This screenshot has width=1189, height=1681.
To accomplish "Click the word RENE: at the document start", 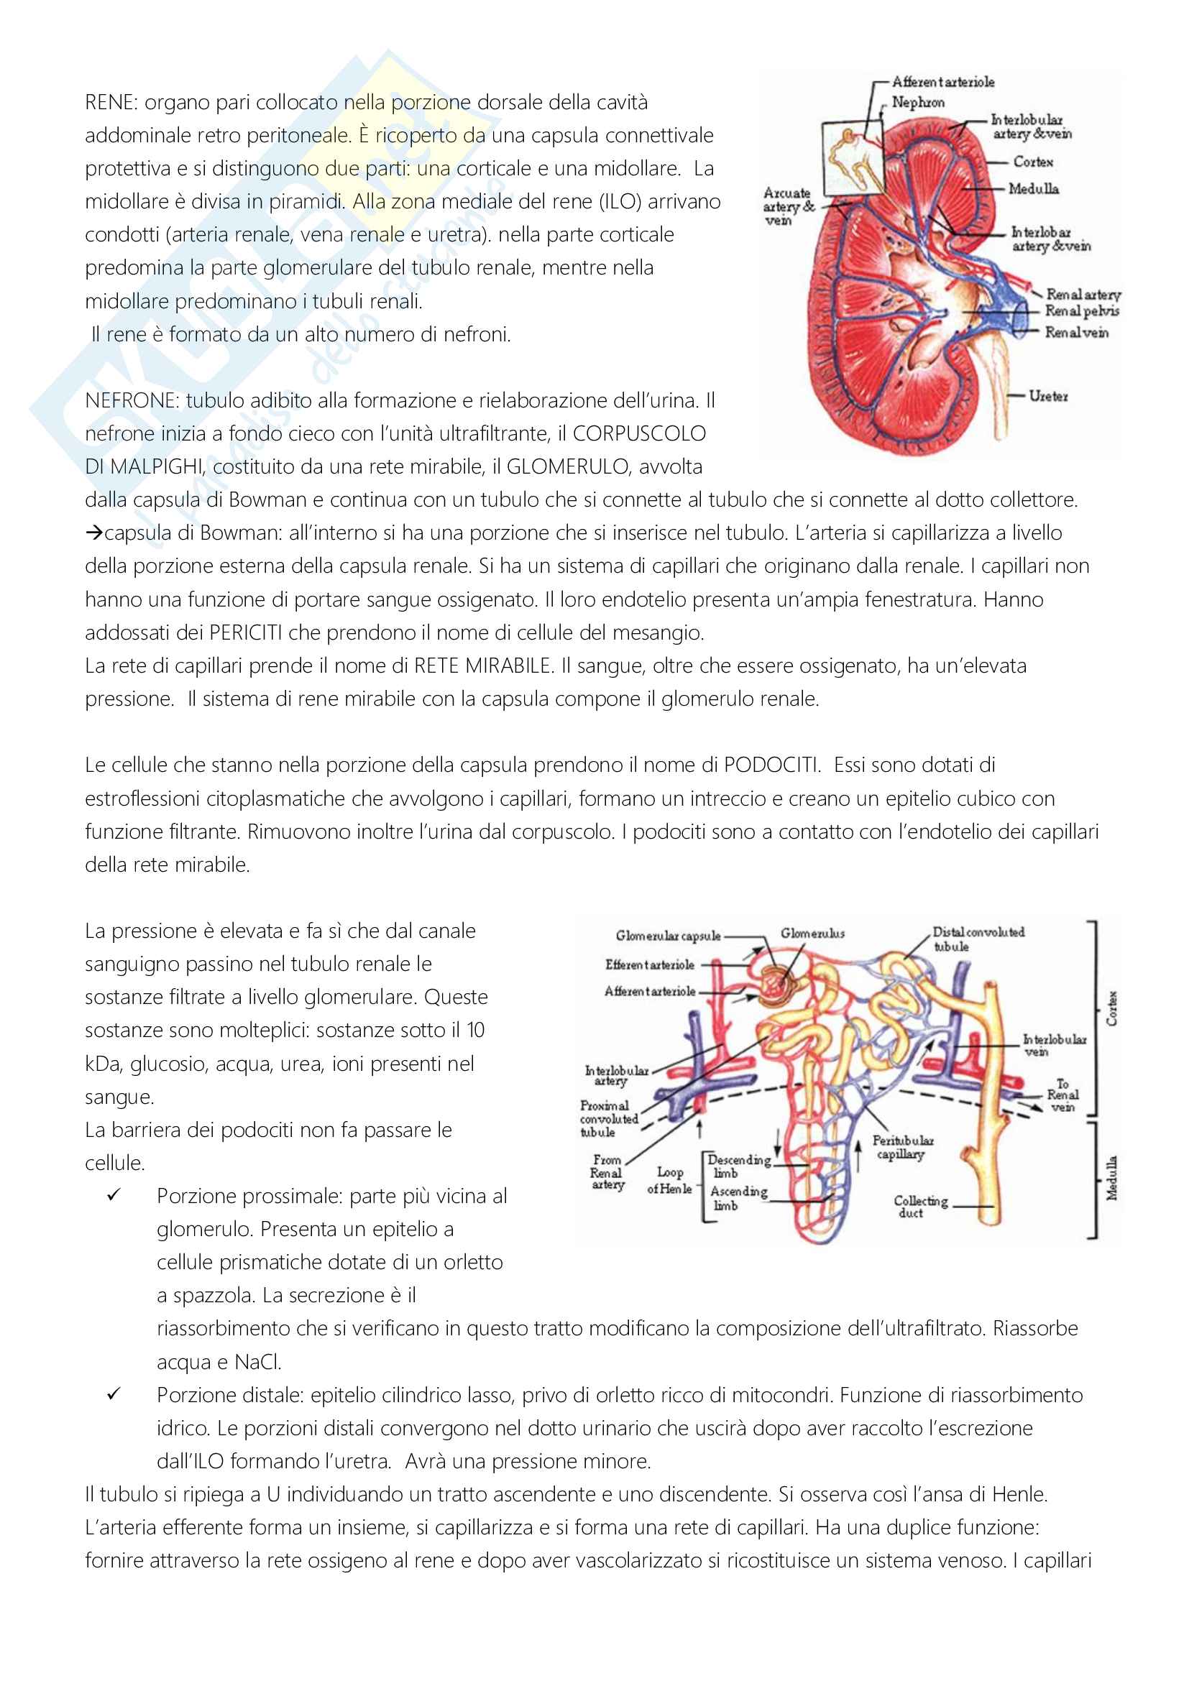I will click(x=111, y=103).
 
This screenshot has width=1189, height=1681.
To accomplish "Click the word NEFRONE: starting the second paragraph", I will click(x=132, y=400).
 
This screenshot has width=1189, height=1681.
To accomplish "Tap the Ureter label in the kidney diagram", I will click(x=1047, y=396).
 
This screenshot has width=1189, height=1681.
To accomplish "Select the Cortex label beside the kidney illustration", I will click(x=1033, y=162).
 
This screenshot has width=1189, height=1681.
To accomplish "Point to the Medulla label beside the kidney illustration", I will click(x=1033, y=189).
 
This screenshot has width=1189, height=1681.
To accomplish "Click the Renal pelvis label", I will click(x=1081, y=311).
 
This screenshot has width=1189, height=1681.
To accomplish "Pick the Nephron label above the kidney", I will click(x=917, y=103).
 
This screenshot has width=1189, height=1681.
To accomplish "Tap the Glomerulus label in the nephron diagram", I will click(x=812, y=934).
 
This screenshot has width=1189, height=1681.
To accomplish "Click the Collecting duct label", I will click(x=919, y=1206).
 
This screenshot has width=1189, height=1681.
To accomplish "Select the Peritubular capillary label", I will click(x=902, y=1147).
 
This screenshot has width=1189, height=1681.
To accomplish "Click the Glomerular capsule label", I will click(x=668, y=936).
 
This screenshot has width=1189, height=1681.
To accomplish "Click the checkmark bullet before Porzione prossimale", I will click(x=114, y=1195).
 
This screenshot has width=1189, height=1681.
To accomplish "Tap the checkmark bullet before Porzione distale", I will click(x=114, y=1394).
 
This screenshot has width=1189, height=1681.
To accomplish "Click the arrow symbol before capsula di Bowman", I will click(x=93, y=533).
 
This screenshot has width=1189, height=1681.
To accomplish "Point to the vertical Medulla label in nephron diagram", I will click(x=1111, y=1178).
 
